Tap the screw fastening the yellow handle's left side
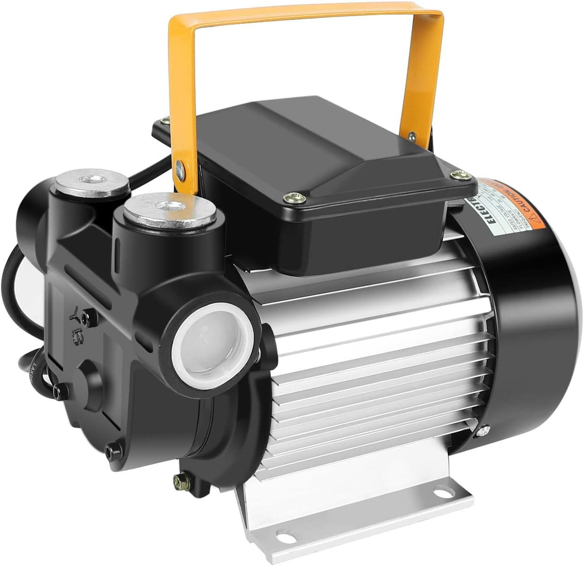pos(180,167)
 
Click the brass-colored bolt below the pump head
pos(180,479)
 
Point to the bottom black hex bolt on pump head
pos(112,451)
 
